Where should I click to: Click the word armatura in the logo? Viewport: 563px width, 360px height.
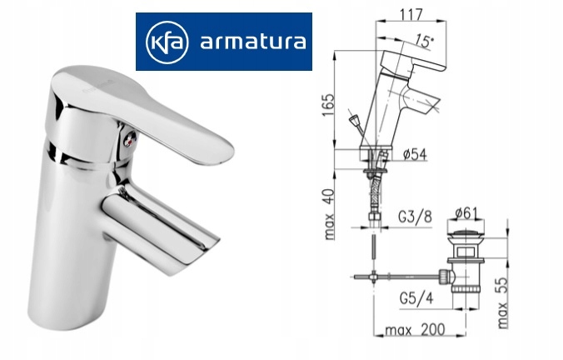[248, 42]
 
